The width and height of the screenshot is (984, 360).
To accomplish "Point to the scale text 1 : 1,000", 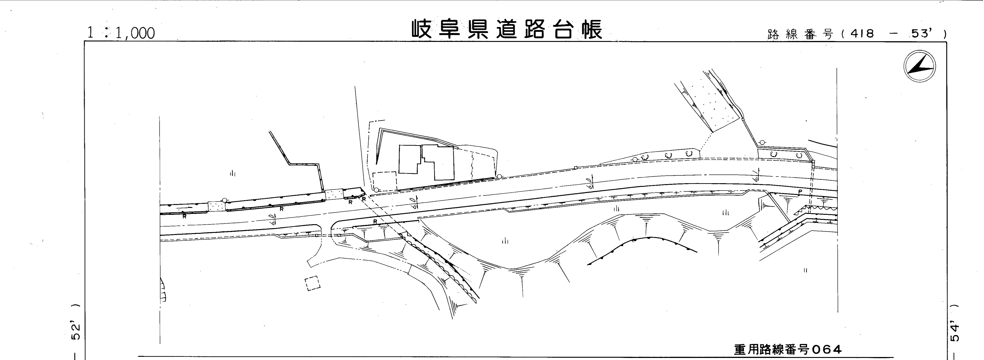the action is tap(121, 33).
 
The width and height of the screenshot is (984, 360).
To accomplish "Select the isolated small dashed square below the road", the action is tap(312, 283).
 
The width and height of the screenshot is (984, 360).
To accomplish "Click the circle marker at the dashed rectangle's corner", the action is tap(376, 190).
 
